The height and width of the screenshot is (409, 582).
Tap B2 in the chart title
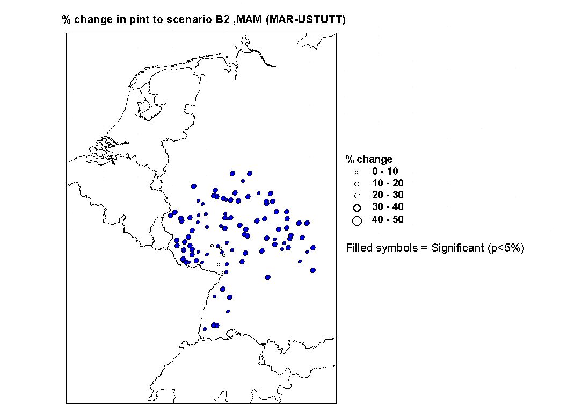223,19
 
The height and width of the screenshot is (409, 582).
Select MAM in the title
249,19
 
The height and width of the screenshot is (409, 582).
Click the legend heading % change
369,160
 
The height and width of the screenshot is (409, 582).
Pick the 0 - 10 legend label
385,171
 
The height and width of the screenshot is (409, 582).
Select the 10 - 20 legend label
388,183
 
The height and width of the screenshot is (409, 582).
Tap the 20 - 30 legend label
388,195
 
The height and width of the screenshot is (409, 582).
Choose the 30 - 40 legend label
388,207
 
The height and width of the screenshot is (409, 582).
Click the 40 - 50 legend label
388,219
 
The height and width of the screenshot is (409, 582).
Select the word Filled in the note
357,248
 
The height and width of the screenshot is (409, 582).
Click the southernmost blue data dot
205,329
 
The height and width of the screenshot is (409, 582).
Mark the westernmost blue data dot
170,216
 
